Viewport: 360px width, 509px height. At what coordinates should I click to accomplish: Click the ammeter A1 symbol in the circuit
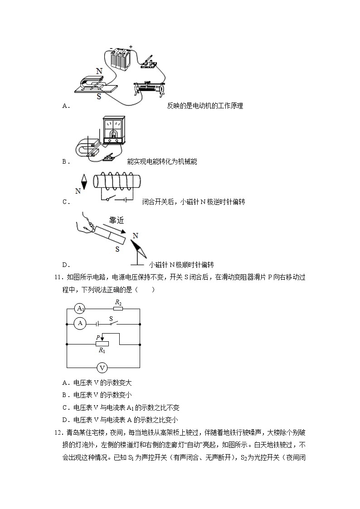[80, 309]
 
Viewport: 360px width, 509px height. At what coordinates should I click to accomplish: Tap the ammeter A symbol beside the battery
[80, 324]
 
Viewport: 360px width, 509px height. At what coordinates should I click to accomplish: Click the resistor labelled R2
[117, 309]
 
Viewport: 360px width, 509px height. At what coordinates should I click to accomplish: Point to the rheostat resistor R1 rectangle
[102, 344]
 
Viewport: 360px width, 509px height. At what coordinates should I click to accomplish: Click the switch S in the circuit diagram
[112, 323]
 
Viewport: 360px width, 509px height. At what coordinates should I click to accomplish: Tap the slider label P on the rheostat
[97, 337]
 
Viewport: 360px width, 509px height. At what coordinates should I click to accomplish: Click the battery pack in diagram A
[119, 58]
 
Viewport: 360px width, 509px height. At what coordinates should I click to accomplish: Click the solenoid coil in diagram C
[116, 182]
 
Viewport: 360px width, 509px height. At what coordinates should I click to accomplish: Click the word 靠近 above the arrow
[117, 221]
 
